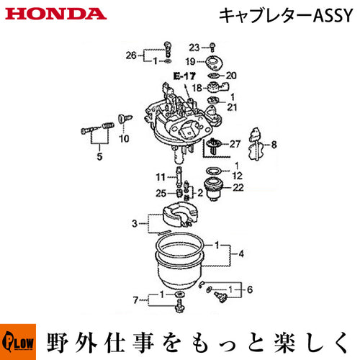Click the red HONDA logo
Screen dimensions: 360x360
(x=55, y=14)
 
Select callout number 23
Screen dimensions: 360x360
(x=194, y=48)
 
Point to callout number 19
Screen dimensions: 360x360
(x=190, y=62)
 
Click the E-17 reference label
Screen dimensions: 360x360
(x=184, y=76)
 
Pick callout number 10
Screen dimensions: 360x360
(x=124, y=138)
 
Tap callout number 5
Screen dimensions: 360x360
(x=99, y=156)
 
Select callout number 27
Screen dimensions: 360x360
(x=235, y=144)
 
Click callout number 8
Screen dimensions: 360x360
(x=274, y=145)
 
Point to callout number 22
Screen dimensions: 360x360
(x=238, y=187)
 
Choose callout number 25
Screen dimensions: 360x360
(x=161, y=193)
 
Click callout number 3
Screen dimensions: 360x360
(x=135, y=224)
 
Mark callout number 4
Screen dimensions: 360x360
(x=241, y=253)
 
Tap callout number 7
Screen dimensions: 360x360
(x=135, y=300)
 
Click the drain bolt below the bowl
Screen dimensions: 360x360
(x=179, y=306)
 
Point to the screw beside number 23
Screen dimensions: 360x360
(x=212, y=48)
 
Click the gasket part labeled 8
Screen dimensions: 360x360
(x=256, y=145)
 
